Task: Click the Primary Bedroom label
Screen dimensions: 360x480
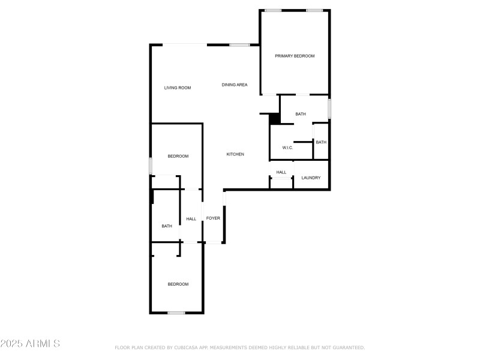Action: pyautogui.click(x=295, y=56)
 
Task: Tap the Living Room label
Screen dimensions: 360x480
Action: pyautogui.click(x=178, y=88)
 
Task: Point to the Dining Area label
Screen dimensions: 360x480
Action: pyautogui.click(x=235, y=85)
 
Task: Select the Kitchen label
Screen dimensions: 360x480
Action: pyautogui.click(x=235, y=155)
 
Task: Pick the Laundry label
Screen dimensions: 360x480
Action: pyautogui.click(x=311, y=178)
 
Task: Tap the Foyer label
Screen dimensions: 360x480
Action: pyautogui.click(x=214, y=218)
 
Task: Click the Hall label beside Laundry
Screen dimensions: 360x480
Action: pyautogui.click(x=281, y=173)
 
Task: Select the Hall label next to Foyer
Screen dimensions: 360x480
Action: pyautogui.click(x=191, y=219)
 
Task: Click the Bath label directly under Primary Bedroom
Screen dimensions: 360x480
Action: pyautogui.click(x=301, y=114)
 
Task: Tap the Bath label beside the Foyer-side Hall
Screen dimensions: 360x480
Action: pyautogui.click(x=167, y=226)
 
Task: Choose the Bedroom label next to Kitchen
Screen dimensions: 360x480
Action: pyautogui.click(x=178, y=157)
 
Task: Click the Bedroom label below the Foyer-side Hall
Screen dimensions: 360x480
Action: pyautogui.click(x=178, y=284)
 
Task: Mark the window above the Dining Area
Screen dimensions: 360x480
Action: pyautogui.click(x=240, y=44)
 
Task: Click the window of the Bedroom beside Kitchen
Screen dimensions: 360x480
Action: pyautogui.click(x=151, y=165)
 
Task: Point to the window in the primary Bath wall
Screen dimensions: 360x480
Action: pyautogui.click(x=329, y=108)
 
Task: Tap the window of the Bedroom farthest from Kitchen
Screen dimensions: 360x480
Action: pyautogui.click(x=176, y=313)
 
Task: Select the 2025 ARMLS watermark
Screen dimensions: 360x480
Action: pyautogui.click(x=30, y=344)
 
